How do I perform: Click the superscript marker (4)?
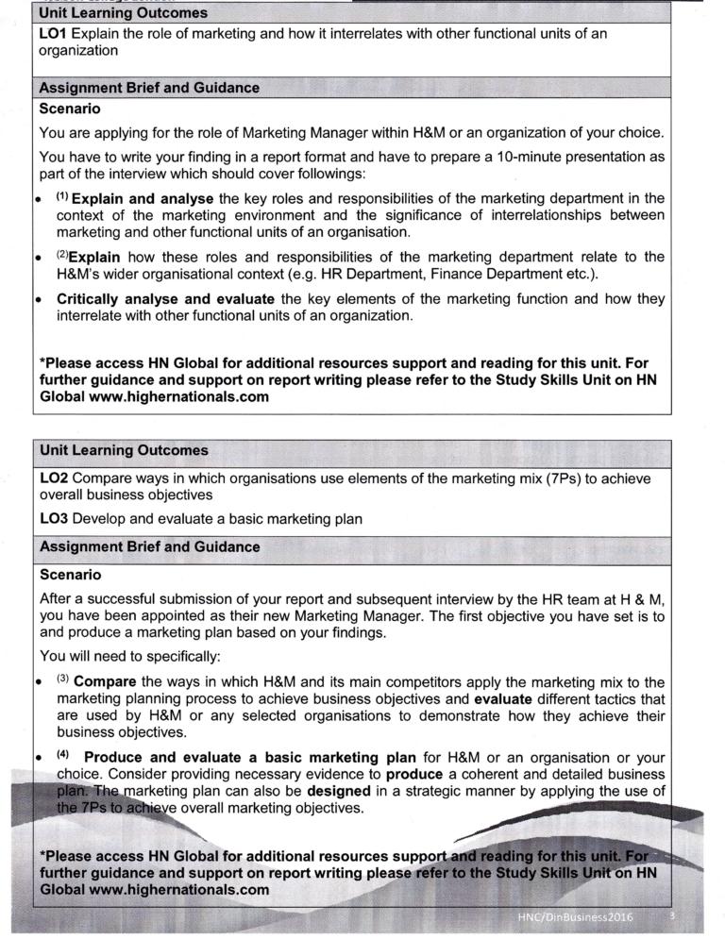[x=63, y=754]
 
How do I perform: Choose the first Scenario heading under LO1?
[x=70, y=109]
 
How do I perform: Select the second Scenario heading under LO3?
[x=70, y=574]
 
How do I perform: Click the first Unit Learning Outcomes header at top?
[x=123, y=14]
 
